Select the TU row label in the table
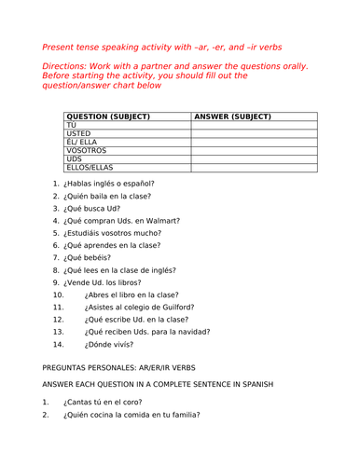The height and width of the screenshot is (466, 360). [x=71, y=125]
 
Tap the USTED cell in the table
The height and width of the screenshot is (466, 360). [x=80, y=133]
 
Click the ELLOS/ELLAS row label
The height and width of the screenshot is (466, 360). [x=90, y=168]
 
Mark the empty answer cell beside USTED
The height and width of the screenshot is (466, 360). [x=252, y=133]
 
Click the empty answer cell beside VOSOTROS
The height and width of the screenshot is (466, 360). [x=252, y=150]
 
